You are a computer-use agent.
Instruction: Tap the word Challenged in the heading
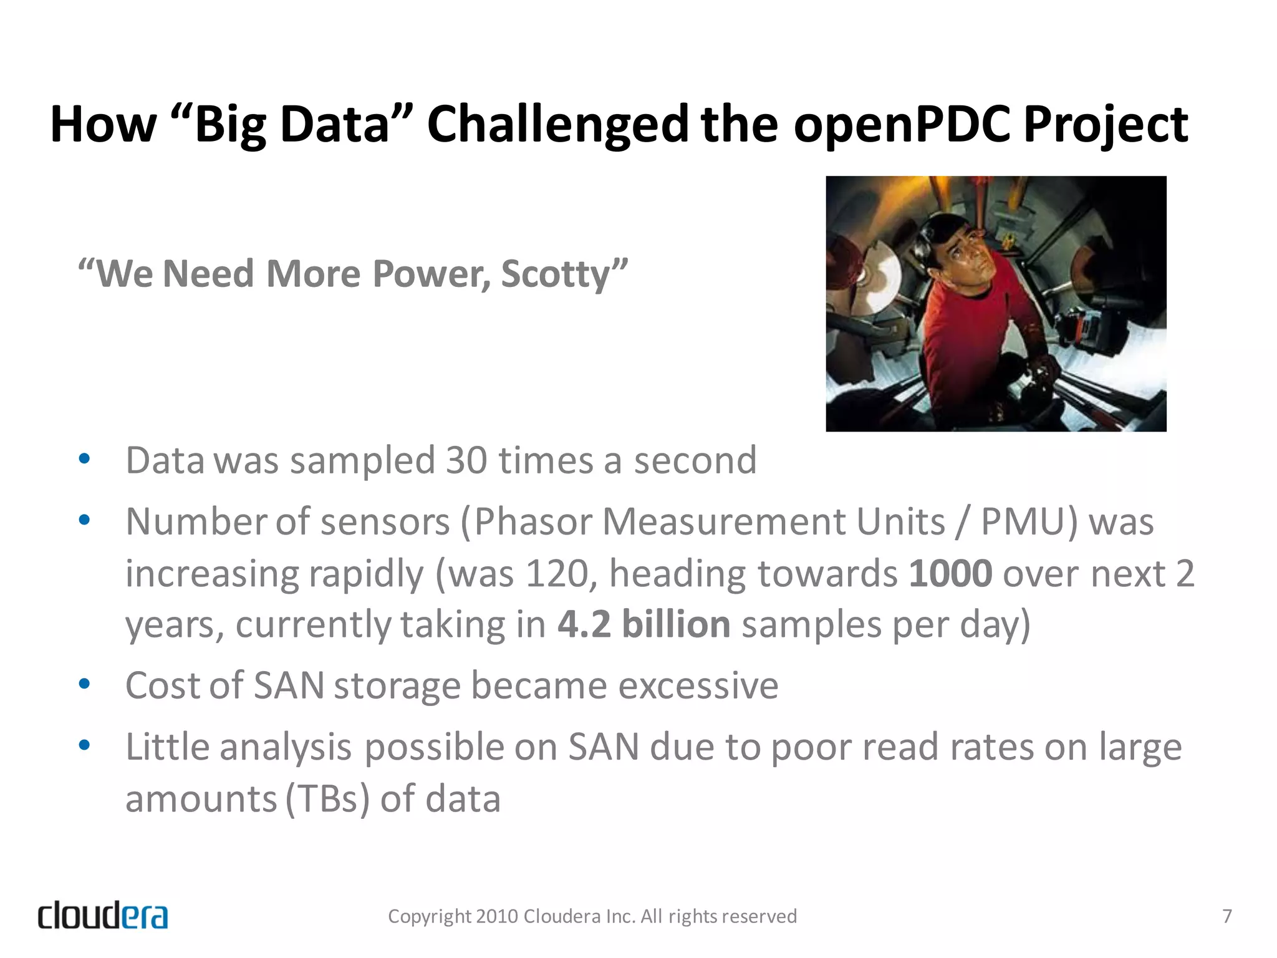coord(557,125)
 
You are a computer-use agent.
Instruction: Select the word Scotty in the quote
coord(555,274)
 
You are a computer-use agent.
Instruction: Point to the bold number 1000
coord(950,573)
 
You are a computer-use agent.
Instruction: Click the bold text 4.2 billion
coord(643,624)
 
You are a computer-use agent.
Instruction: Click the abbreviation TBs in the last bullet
coord(329,799)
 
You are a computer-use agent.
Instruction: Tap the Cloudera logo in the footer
coord(103,916)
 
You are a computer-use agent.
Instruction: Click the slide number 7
coord(1226,916)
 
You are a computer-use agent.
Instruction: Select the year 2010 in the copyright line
coord(496,916)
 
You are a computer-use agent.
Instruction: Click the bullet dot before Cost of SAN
coord(85,685)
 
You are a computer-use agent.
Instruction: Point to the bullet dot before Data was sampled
coord(85,460)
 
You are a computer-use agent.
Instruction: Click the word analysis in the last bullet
coord(286,747)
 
